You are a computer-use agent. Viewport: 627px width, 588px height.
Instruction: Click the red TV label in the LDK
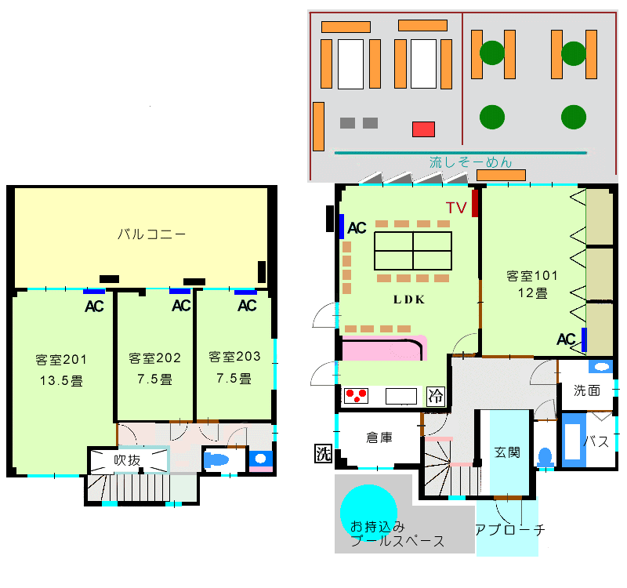(456, 208)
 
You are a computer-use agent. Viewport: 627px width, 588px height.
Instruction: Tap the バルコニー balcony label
(151, 234)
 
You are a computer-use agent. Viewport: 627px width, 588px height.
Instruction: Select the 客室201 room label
(61, 360)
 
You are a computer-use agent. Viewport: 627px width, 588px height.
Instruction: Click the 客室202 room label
(154, 358)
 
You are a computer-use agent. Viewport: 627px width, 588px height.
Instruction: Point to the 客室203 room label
(234, 357)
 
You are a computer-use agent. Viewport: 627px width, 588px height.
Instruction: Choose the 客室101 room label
(532, 275)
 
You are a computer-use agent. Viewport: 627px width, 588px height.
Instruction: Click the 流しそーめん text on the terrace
(471, 163)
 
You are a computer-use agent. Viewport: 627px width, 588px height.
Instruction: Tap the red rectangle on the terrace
(423, 129)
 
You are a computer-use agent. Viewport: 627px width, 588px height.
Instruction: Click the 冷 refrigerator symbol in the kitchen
(435, 397)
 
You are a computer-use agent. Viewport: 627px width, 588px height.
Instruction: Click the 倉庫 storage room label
(379, 437)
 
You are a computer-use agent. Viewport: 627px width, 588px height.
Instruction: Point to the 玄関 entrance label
(507, 452)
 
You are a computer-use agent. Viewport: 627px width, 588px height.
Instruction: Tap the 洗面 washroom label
(586, 390)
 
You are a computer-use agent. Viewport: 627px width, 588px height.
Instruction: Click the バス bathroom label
(597, 441)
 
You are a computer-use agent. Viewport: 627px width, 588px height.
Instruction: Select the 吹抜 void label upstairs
(127, 460)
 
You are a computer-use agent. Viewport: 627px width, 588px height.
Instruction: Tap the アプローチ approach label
(510, 530)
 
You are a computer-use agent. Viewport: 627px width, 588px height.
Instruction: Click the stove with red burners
(357, 396)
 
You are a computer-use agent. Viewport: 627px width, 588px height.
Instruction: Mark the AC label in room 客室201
(95, 306)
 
